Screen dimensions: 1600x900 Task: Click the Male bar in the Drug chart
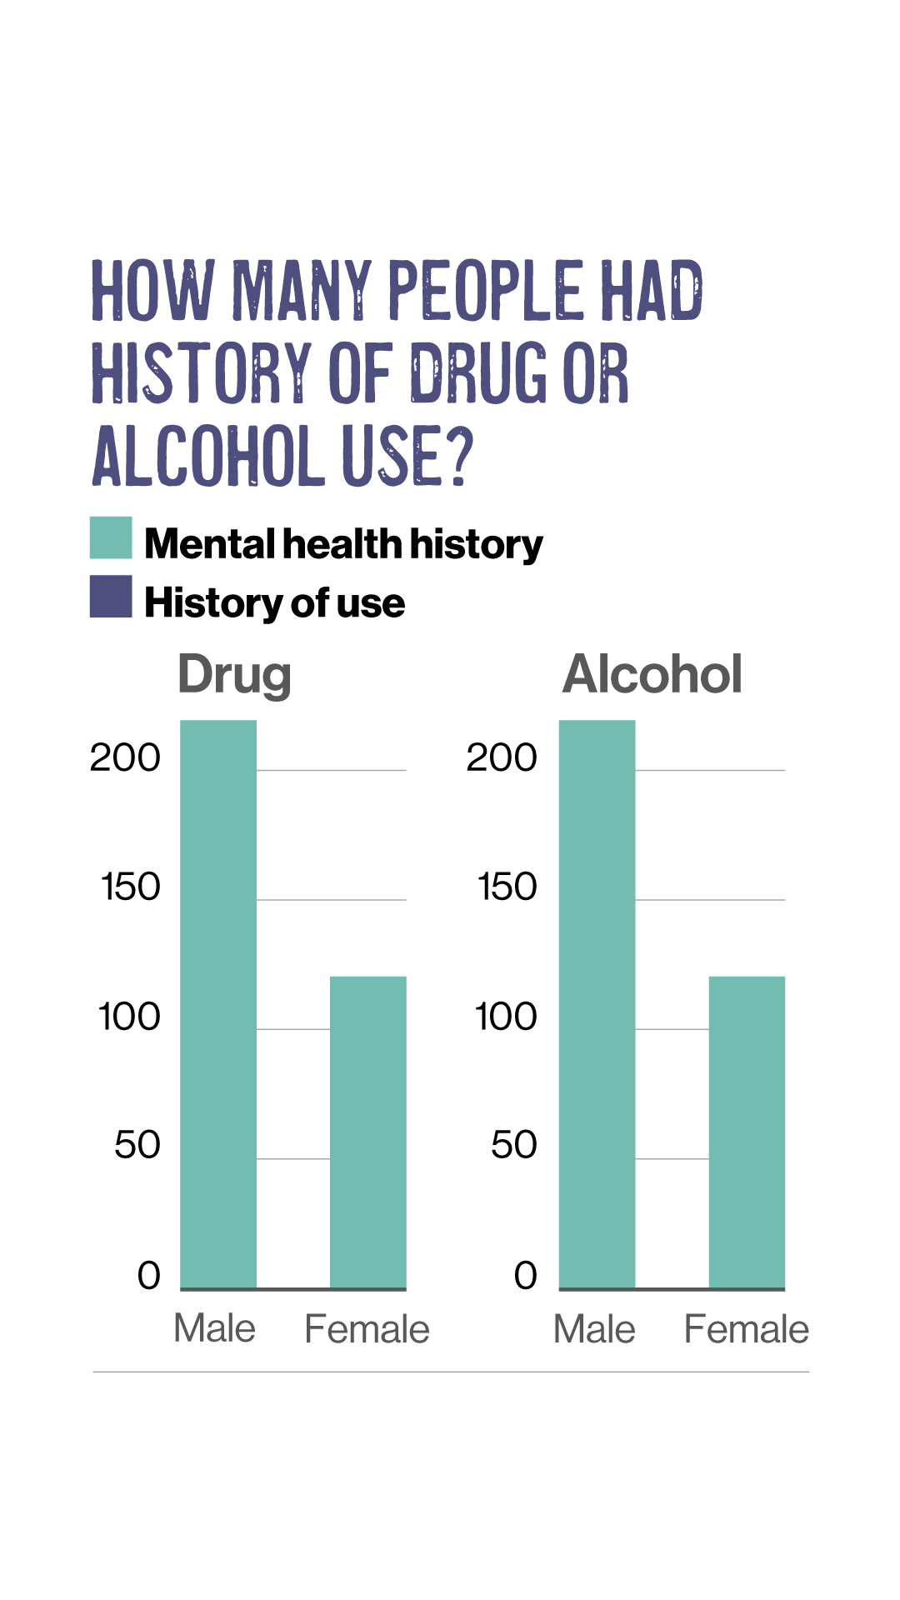click(218, 1004)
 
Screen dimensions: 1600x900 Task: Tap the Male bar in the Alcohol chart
click(597, 1004)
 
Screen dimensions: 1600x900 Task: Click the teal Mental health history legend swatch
click(111, 537)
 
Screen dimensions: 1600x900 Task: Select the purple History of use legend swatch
click(111, 597)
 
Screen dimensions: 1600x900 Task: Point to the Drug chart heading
click(234, 674)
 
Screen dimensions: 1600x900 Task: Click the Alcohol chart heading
click(652, 673)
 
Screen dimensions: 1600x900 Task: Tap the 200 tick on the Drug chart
click(125, 757)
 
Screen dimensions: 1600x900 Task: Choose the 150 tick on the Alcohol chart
click(507, 887)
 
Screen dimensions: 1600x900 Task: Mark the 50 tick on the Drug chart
click(137, 1145)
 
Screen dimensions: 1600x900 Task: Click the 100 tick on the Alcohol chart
click(506, 1017)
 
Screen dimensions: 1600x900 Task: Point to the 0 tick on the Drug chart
click(149, 1275)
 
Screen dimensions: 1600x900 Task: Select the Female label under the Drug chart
click(367, 1329)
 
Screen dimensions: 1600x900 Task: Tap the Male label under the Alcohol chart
click(594, 1329)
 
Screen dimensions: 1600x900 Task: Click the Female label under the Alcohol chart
click(746, 1329)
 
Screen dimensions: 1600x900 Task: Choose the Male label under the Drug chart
click(214, 1328)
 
